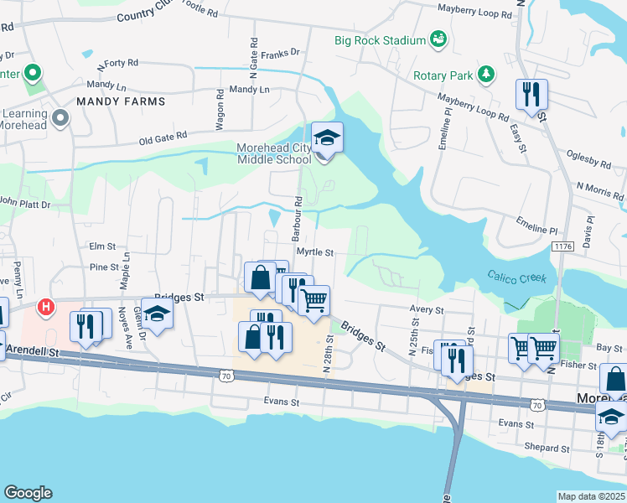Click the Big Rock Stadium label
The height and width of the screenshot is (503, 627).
pos(379,40)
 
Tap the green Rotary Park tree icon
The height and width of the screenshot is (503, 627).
pos(485,75)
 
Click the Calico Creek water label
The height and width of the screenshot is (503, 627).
pos(517,278)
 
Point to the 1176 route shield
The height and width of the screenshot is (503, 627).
pos(562,245)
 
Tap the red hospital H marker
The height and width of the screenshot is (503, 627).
pos(46,308)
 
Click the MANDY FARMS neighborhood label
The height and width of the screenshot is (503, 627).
pos(120,101)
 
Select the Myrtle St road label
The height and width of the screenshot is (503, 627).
pos(314,252)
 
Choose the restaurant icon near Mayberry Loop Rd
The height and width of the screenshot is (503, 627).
pos(531,94)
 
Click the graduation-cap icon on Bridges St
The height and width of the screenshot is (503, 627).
pos(156,314)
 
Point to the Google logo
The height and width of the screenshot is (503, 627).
pos(28,493)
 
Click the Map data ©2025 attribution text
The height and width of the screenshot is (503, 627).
pos(591,496)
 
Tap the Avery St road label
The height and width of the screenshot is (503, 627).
pos(426,310)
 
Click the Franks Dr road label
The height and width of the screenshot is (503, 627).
pos(280,53)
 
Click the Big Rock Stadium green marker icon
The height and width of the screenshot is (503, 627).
pos(438,39)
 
